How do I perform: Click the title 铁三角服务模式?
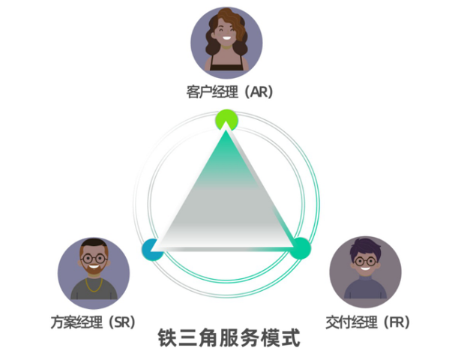[x=229, y=339]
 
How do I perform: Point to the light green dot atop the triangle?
[x=226, y=118]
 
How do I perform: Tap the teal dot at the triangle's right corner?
[x=300, y=248]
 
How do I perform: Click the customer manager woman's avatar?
[x=226, y=41]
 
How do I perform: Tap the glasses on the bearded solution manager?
[x=93, y=259]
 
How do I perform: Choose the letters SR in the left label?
[x=121, y=322]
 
